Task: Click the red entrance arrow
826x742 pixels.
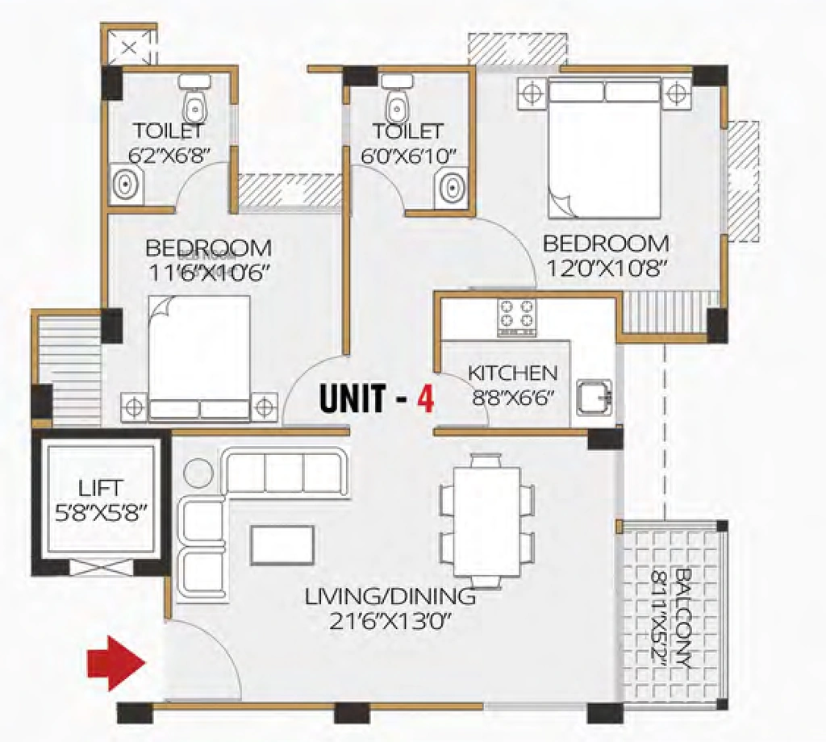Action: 116,663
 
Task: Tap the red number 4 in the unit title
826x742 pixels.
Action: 426,399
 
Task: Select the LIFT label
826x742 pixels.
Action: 101,488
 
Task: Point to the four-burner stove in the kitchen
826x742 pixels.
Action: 517,318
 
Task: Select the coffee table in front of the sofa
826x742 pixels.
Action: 283,545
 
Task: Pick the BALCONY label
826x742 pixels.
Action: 682,617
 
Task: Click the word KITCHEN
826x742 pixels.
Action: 512,373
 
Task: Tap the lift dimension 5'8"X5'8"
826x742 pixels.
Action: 101,512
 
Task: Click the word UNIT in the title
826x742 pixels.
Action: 353,398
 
